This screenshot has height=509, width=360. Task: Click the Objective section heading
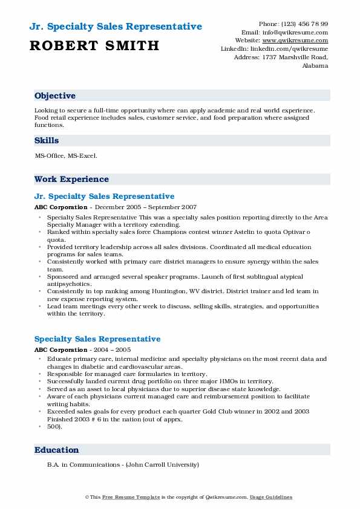click(55, 96)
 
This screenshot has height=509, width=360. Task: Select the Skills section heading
click(47, 141)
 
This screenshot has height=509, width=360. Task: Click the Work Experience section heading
click(71, 180)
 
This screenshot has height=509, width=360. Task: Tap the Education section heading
click(57, 450)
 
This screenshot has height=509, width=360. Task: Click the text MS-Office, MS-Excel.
click(67, 156)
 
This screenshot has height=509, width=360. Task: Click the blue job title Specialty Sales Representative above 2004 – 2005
click(97, 339)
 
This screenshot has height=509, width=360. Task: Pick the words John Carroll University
click(166, 465)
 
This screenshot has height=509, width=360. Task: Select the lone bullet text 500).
click(54, 426)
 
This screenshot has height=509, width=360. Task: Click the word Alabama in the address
click(315, 66)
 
